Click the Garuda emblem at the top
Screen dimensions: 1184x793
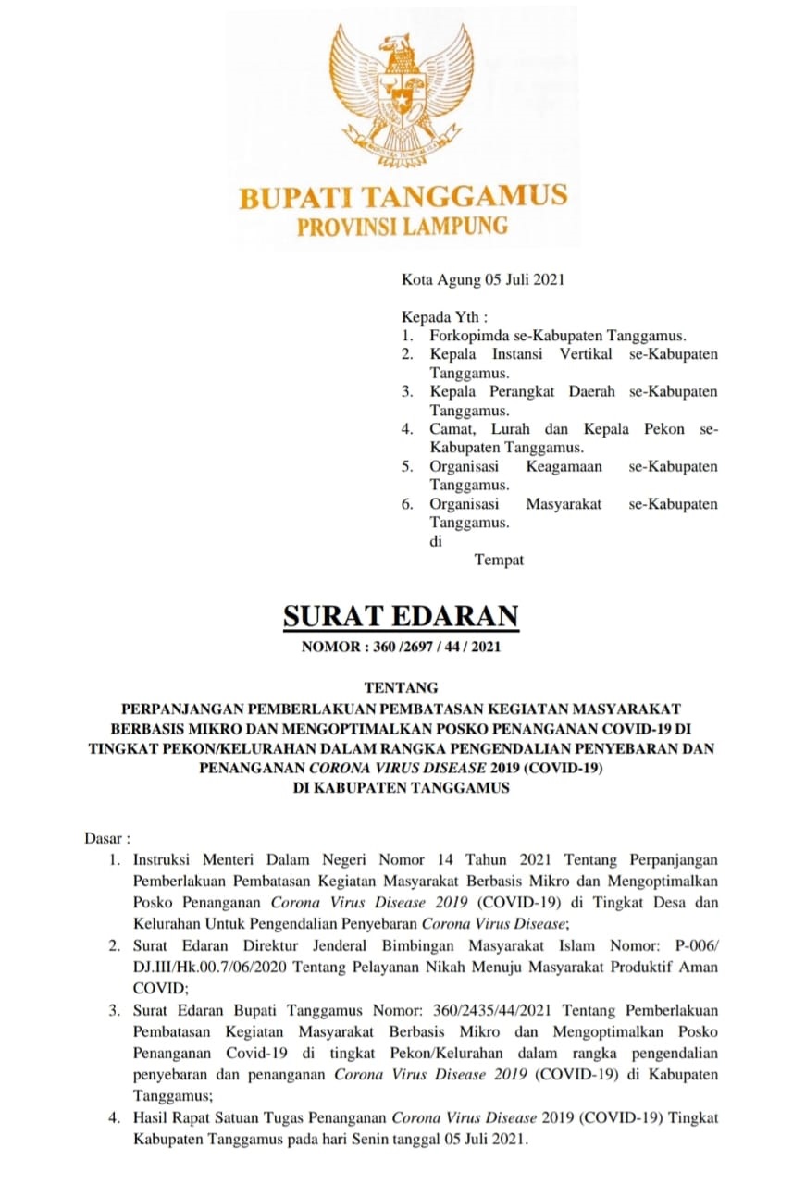402,93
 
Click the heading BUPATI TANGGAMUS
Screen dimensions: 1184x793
403,197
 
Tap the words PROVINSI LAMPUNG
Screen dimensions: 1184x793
403,226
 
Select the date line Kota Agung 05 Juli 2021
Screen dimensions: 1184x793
482,278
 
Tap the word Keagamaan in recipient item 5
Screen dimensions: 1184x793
564,466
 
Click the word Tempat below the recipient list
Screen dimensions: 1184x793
499,560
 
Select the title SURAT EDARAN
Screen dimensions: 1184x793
401,616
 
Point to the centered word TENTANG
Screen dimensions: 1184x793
401,688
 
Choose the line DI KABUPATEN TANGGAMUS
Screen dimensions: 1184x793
401,788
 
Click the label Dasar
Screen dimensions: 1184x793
102,839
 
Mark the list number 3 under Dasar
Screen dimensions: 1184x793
114,1010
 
